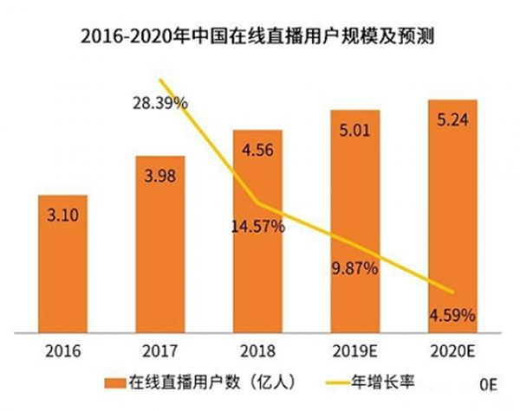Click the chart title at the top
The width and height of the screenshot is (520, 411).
pyautogui.click(x=260, y=37)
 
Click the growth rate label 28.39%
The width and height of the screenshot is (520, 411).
pyautogui.click(x=159, y=104)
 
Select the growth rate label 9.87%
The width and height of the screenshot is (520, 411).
pyautogui.click(x=355, y=268)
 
